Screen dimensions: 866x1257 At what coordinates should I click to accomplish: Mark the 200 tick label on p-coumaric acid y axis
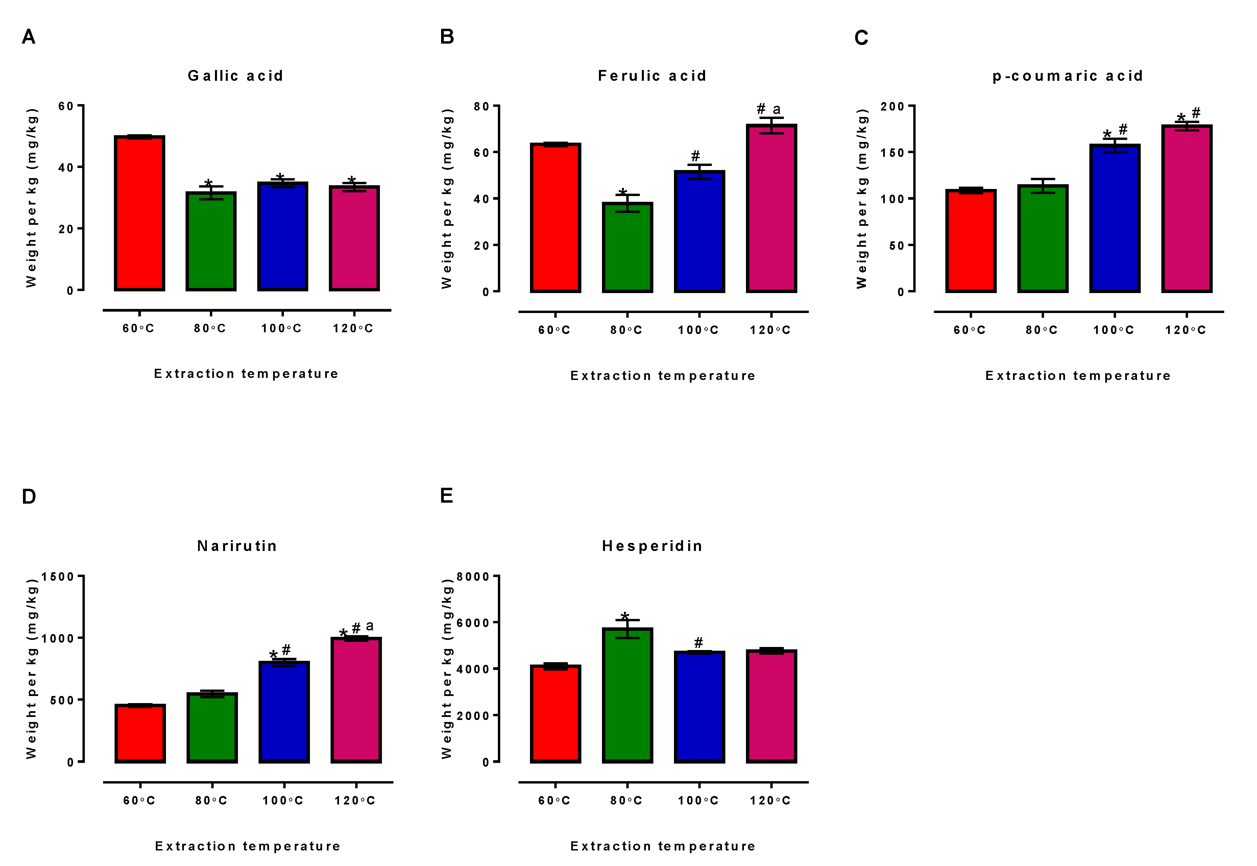(892, 106)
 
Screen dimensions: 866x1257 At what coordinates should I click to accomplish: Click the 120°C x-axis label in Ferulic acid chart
(770, 330)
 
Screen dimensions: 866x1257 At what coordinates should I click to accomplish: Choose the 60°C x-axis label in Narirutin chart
(139, 800)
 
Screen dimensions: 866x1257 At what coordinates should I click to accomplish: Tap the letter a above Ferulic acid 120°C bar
(776, 109)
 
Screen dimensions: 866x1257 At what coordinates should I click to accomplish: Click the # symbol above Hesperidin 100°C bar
(699, 643)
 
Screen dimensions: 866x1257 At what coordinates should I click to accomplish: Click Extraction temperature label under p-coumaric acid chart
(1078, 376)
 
